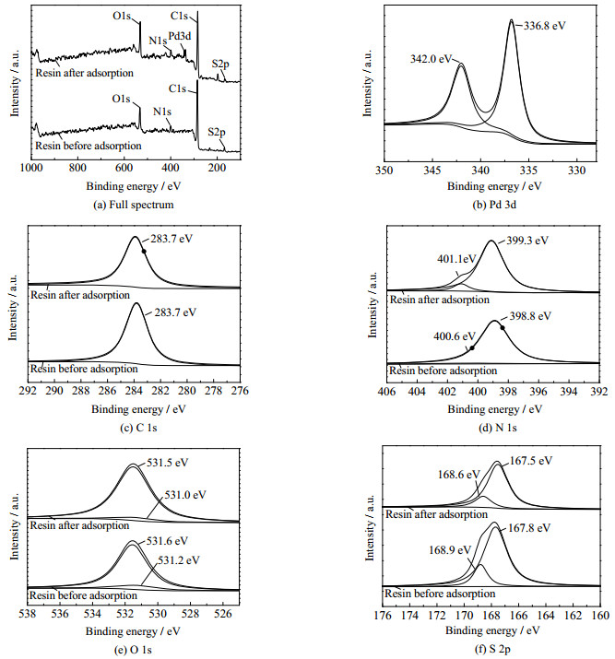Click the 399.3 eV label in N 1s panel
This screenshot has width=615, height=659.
527,241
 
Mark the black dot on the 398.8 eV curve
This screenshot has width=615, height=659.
503,327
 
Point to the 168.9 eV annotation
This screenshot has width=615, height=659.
450,549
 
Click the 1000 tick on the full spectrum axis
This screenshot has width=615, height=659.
33,170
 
